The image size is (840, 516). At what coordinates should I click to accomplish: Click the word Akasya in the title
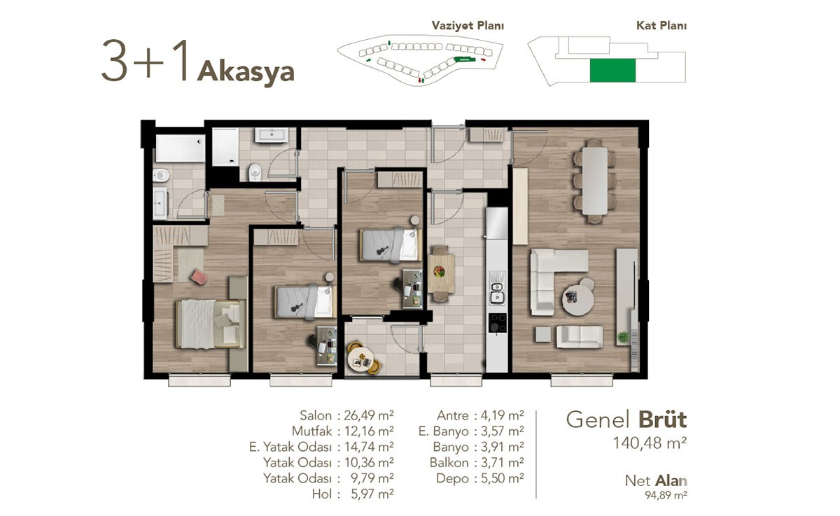[246, 72]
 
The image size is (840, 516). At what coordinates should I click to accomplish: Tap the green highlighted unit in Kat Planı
[612, 71]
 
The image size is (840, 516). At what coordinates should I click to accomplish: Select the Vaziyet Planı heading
[468, 25]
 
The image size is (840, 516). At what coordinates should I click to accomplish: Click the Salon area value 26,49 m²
[369, 415]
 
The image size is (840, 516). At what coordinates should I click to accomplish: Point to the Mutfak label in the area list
[312, 431]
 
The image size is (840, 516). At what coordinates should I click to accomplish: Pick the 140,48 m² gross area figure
[650, 443]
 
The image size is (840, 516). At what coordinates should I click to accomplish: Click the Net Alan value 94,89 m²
[666, 495]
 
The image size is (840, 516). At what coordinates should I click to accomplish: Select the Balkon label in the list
[449, 462]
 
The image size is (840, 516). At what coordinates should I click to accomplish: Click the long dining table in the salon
[594, 181]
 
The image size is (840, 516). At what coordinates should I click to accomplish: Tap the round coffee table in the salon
[577, 299]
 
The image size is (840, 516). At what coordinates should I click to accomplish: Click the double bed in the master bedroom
[211, 324]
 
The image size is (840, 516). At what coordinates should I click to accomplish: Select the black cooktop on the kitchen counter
[497, 324]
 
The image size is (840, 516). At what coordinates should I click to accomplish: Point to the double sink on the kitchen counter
[497, 292]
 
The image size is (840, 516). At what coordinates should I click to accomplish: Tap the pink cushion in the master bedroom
[199, 277]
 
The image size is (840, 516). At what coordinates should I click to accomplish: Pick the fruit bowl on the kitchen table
[439, 271]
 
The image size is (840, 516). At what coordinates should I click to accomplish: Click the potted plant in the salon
[623, 338]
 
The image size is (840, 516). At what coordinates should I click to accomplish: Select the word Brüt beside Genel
[662, 420]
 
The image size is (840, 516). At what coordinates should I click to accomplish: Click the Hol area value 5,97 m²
[372, 494]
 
